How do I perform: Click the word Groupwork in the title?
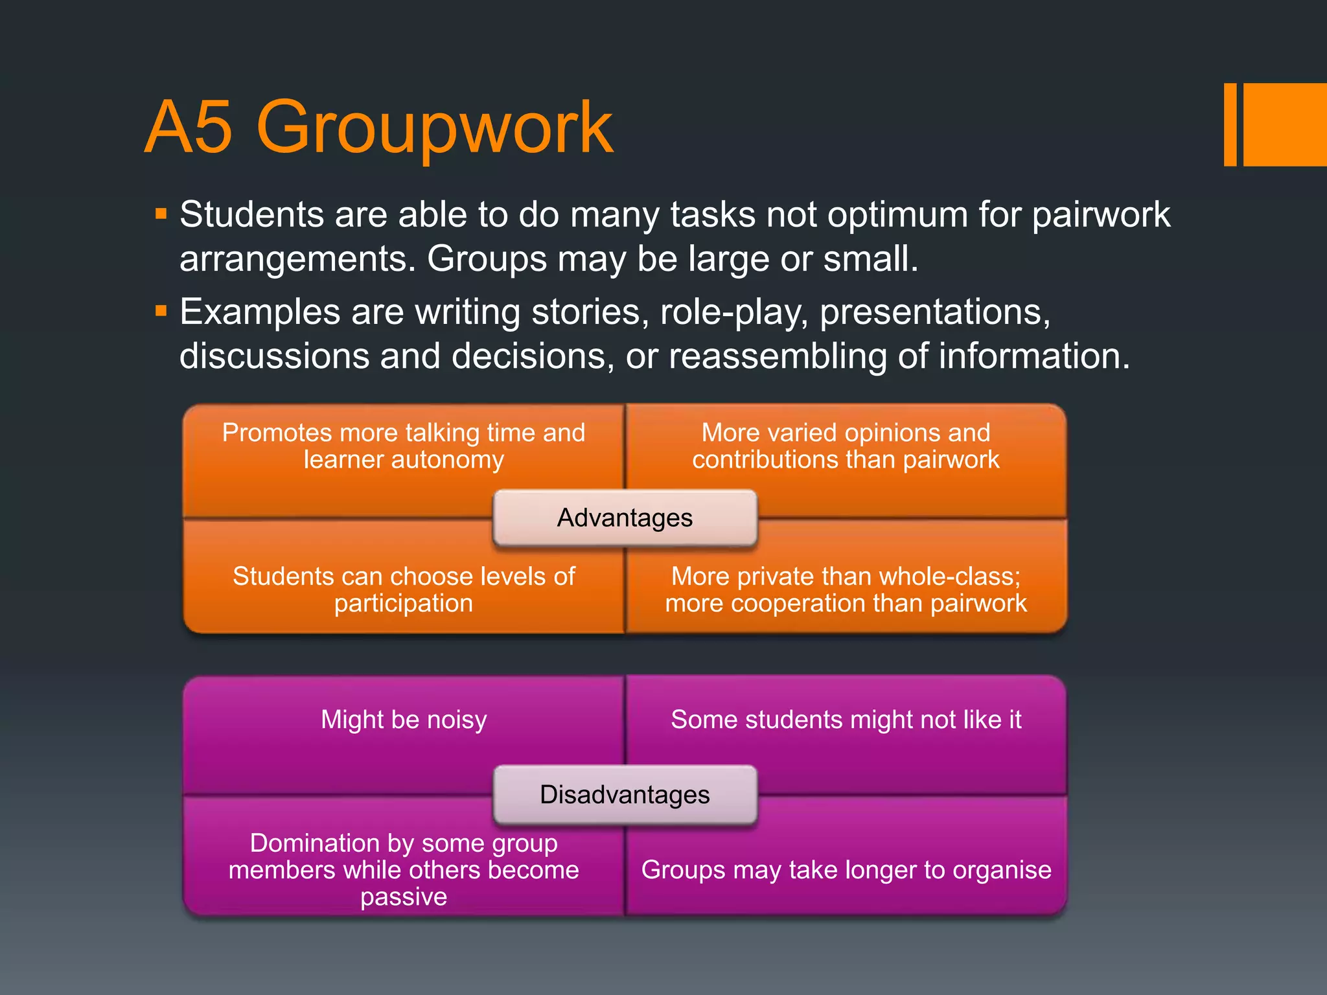tap(434, 128)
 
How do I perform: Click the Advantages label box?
tap(625, 518)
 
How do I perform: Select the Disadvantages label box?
tap(625, 795)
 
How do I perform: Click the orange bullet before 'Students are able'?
tap(161, 213)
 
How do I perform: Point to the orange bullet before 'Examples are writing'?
tap(161, 312)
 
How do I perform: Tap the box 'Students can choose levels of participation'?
tap(403, 589)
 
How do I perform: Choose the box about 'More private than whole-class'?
tap(846, 589)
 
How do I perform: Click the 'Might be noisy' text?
tap(403, 720)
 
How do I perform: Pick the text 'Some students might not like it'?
tap(846, 720)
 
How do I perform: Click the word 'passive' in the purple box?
tap(403, 897)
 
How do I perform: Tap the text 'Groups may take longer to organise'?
tap(846, 870)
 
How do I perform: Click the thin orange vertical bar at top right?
tap(1230, 124)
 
